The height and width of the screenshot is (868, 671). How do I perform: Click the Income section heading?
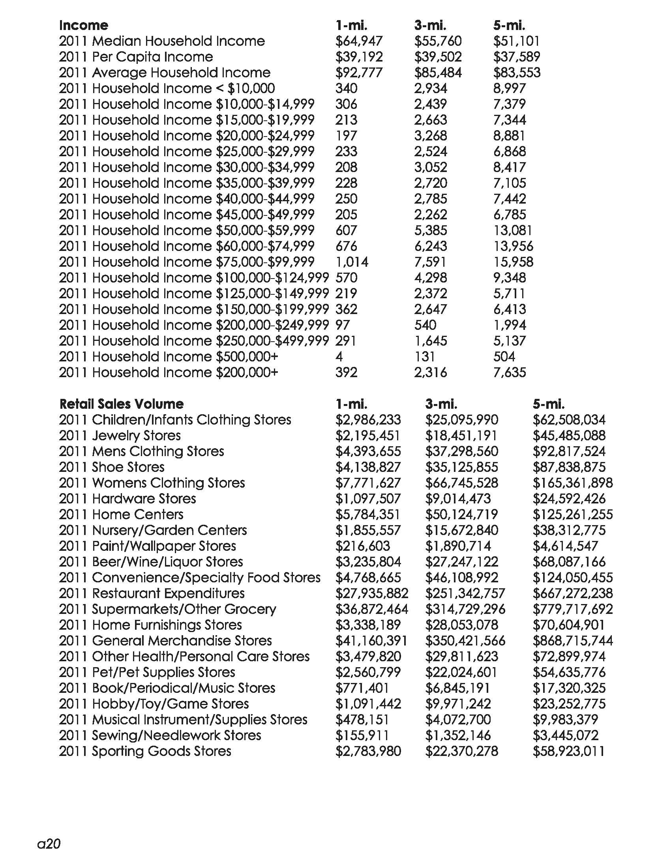pos(83,25)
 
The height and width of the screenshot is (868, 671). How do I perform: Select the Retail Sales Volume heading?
pos(121,404)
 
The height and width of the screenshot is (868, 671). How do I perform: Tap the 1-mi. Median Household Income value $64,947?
pos(358,41)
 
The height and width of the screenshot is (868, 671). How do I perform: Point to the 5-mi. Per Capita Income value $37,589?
pos(516,57)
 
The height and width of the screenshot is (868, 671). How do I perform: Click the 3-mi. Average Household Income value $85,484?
pos(438,73)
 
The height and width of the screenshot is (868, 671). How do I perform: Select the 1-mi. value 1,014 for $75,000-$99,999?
pos(351,262)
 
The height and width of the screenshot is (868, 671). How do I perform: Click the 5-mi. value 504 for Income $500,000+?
pos(504,357)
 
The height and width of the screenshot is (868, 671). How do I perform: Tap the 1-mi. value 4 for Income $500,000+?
pos(339,357)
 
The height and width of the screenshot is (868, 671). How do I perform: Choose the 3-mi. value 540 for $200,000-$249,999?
pos(425,325)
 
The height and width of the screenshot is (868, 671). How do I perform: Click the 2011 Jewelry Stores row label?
pos(120,436)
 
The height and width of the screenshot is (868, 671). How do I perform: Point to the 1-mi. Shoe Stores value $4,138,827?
pos(368,467)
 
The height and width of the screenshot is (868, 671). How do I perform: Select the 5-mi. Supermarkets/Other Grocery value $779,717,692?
pos(572,609)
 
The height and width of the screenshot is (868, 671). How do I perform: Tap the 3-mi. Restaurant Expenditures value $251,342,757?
pos(465,593)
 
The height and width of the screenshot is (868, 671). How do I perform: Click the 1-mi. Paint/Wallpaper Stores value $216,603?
pos(362,546)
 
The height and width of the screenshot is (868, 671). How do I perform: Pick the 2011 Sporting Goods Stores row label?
pos(145,751)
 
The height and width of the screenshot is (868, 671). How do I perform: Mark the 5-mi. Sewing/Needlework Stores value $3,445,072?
pos(565,735)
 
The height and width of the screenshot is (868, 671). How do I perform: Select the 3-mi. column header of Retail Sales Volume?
pos(441,404)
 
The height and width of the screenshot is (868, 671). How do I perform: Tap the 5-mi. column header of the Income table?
pos(509,25)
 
